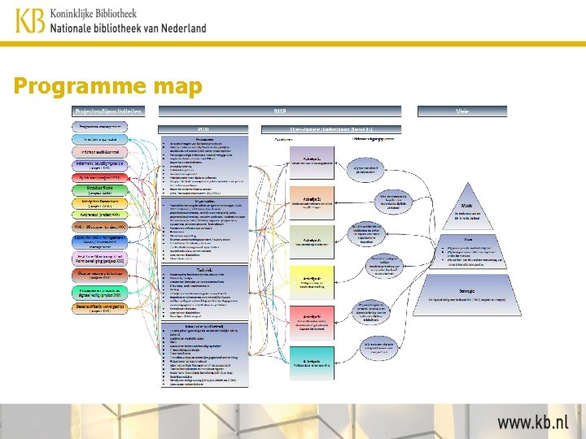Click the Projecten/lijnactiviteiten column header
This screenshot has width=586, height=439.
click(109, 111)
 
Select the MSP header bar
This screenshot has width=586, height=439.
click(280, 111)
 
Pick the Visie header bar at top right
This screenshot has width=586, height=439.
click(461, 111)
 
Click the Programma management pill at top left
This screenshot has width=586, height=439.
click(100, 127)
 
